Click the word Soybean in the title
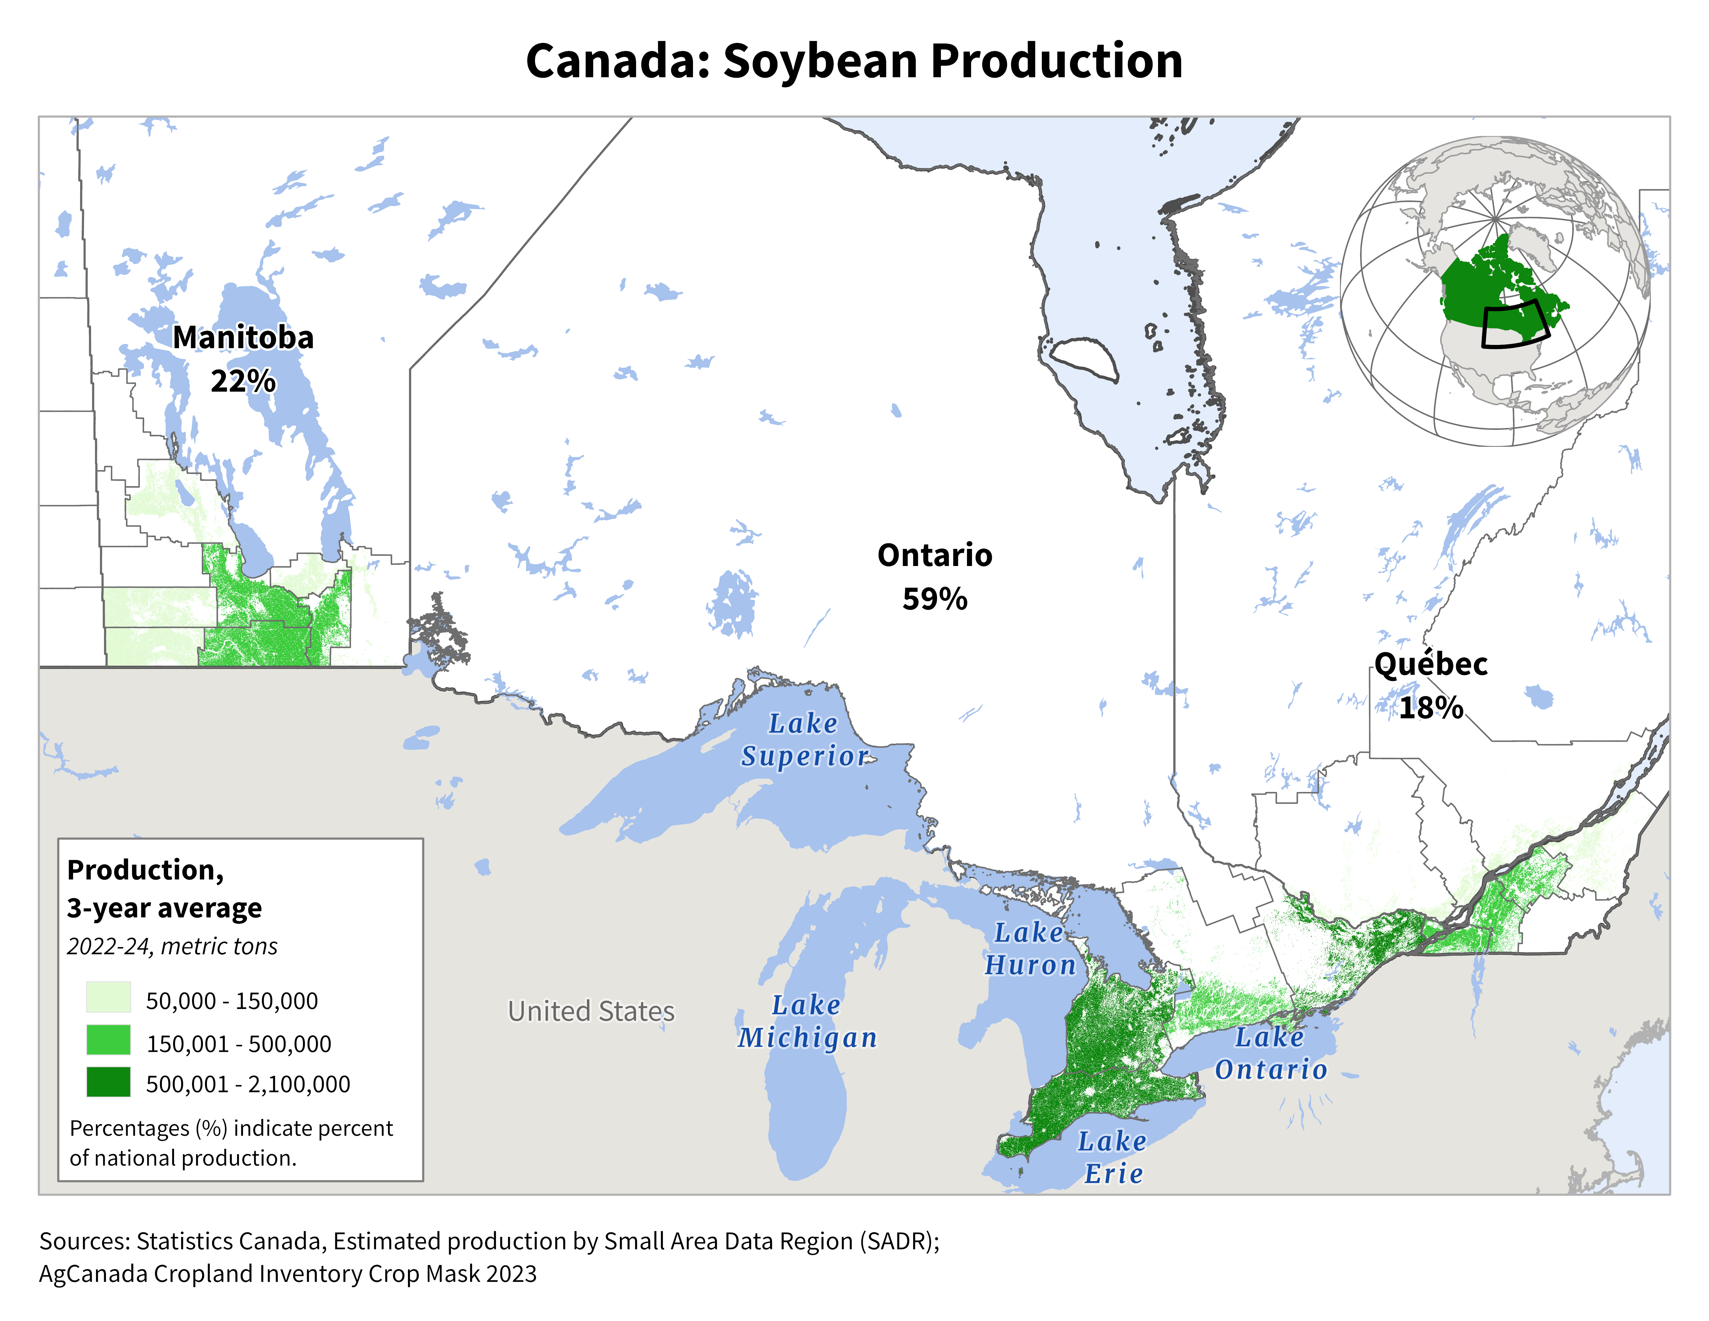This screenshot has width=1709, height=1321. (x=819, y=61)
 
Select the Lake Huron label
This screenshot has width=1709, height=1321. (x=1030, y=949)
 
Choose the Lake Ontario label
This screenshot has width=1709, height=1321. (x=1271, y=1053)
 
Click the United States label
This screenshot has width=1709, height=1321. (x=591, y=1011)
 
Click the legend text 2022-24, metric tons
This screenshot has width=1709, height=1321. (x=172, y=946)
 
